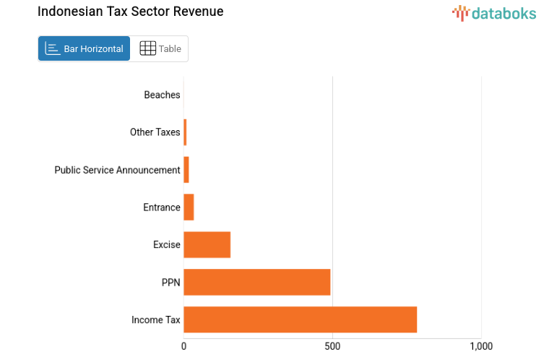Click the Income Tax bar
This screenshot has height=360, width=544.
[300, 320]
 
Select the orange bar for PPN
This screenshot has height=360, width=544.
[256, 282]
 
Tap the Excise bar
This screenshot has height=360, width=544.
[207, 244]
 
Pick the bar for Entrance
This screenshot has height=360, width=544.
[189, 207]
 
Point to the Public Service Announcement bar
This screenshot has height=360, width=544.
[186, 170]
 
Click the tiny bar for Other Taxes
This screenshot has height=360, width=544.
[185, 132]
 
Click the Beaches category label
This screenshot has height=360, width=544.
[162, 95]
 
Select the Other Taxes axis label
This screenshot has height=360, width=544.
[155, 132]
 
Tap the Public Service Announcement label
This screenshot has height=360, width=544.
[117, 170]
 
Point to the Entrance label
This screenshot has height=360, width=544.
[161, 207]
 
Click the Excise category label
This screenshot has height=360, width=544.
[166, 245]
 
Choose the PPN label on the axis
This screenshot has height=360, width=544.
[170, 282]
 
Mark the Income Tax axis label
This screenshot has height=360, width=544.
[155, 320]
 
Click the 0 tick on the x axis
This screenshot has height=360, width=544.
[184, 346]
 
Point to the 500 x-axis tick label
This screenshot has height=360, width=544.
[332, 346]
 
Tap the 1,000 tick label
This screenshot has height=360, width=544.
[480, 346]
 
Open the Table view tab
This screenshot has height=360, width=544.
[160, 48]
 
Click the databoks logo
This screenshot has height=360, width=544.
[494, 12]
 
